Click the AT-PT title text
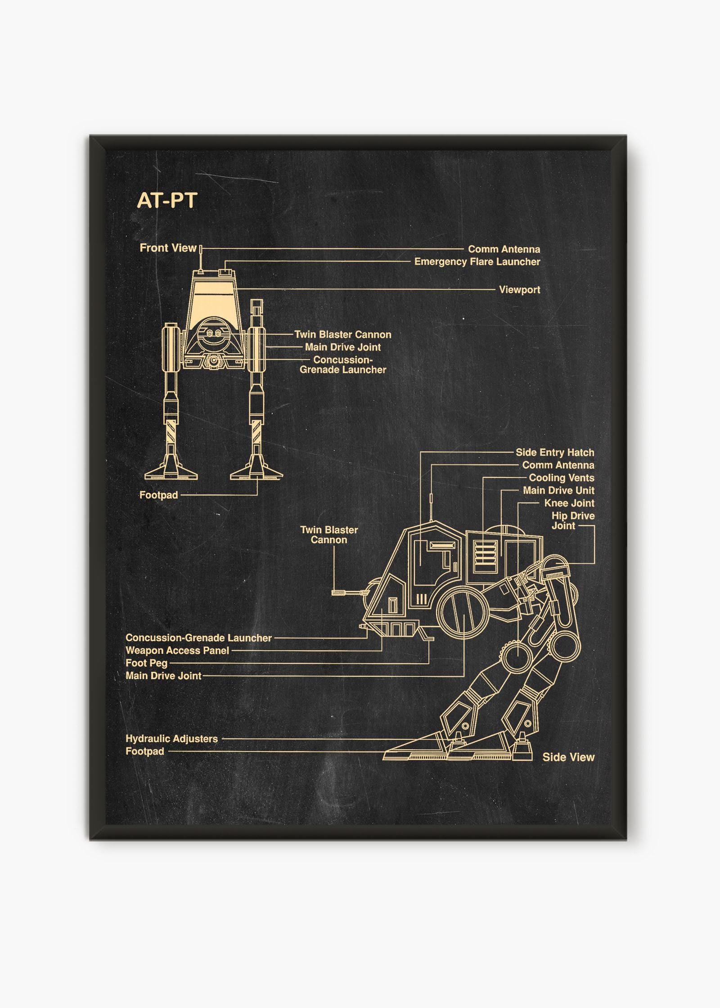click(x=167, y=201)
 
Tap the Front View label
click(x=168, y=247)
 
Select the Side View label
click(x=568, y=757)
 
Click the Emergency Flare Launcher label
click(x=477, y=261)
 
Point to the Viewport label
click(x=520, y=290)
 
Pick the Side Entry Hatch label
click(x=555, y=452)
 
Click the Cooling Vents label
click(x=562, y=477)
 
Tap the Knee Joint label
click(x=569, y=503)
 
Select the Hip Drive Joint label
click(x=573, y=521)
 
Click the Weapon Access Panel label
click(x=177, y=650)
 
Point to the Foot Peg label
click(x=146, y=663)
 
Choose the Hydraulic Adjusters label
click(x=171, y=738)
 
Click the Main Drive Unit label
click(x=558, y=490)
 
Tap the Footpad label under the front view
click(x=158, y=495)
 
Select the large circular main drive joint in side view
click(x=463, y=612)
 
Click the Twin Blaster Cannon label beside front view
click(x=343, y=334)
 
